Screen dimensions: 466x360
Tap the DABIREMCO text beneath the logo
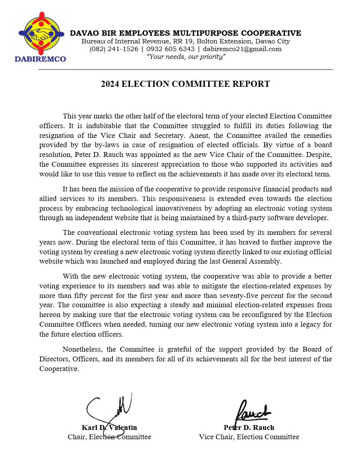[x=40, y=59]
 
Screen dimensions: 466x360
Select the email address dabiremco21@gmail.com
[x=242, y=49]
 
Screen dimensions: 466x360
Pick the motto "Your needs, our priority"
[x=186, y=57]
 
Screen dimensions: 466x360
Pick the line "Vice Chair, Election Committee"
[x=249, y=437]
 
